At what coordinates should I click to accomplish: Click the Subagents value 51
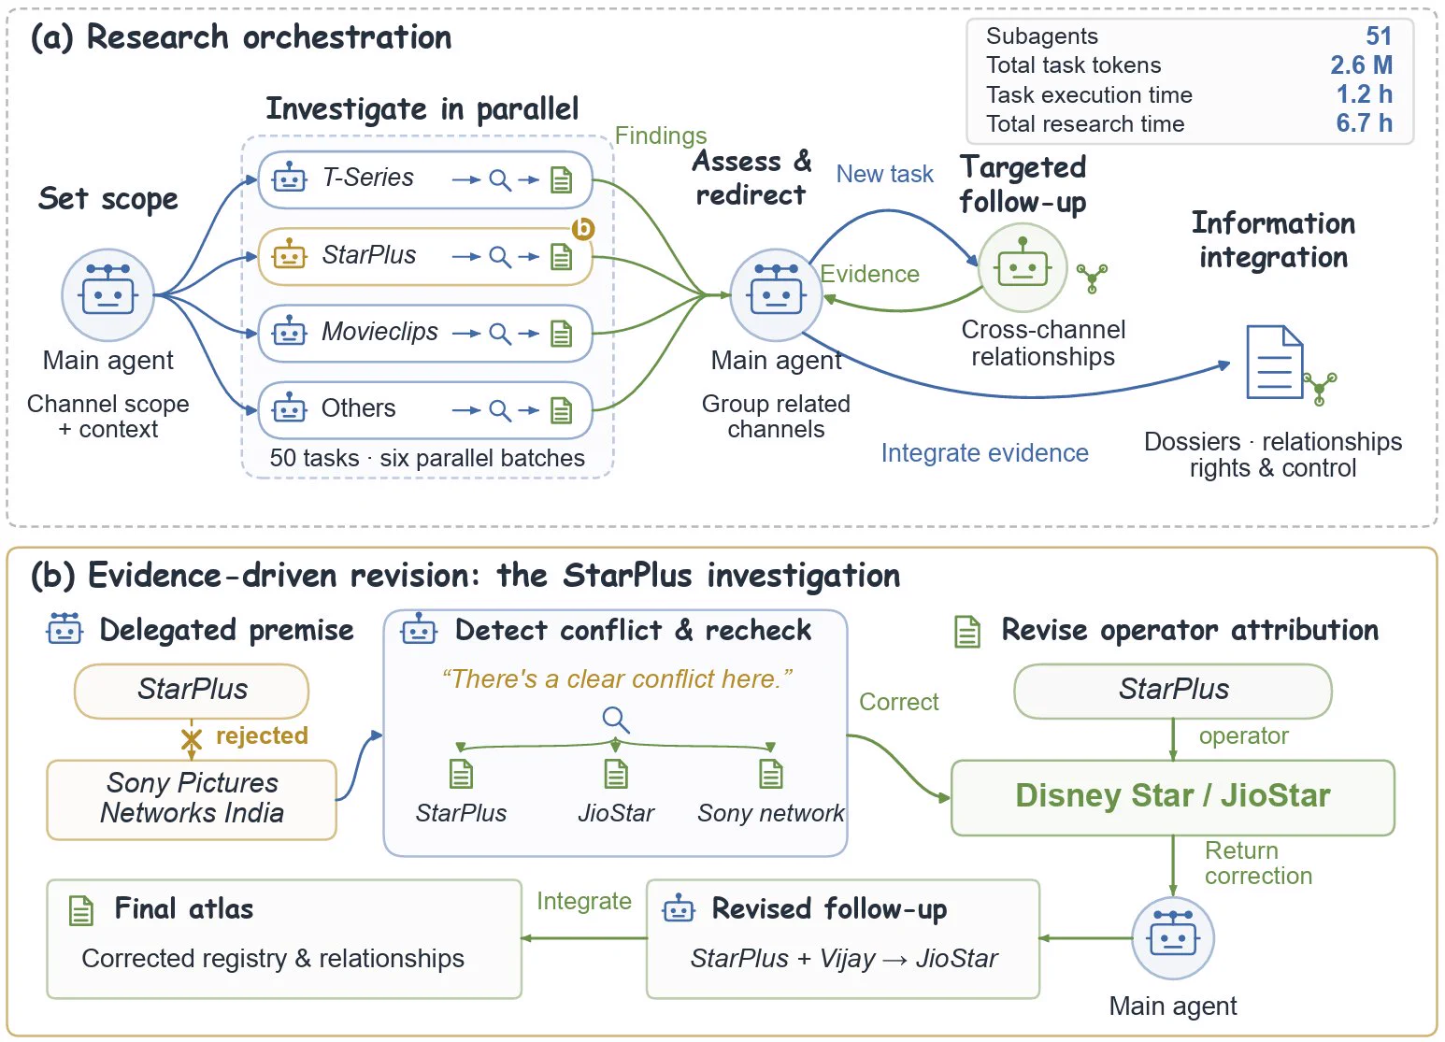pos(1379,36)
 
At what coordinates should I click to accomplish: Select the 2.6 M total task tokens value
pos(1361,65)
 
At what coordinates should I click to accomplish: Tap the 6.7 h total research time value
pos(1364,123)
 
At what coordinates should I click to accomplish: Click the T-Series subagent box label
pos(367,178)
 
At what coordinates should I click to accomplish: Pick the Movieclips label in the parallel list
pos(379,332)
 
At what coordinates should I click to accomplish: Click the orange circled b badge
pos(583,228)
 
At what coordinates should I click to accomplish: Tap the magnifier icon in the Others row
pos(500,409)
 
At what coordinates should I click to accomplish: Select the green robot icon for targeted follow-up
pos(1023,267)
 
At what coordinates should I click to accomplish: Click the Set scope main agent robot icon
pos(107,294)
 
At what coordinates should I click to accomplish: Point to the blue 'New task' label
pos(884,174)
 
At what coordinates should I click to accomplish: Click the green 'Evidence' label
pos(869,274)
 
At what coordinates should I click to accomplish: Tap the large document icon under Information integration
pos(1275,362)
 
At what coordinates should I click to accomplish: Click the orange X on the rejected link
pos(192,739)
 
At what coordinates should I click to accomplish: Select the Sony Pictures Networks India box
pos(192,800)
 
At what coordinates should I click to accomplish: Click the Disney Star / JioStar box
pos(1173,797)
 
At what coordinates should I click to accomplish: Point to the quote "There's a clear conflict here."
pos(616,679)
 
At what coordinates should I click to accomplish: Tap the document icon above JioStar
pos(615,774)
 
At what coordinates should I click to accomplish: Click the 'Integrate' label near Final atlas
pos(584,901)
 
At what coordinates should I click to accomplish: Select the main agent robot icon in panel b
pos(1173,938)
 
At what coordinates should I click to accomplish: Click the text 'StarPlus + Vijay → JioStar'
pos(844,958)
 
